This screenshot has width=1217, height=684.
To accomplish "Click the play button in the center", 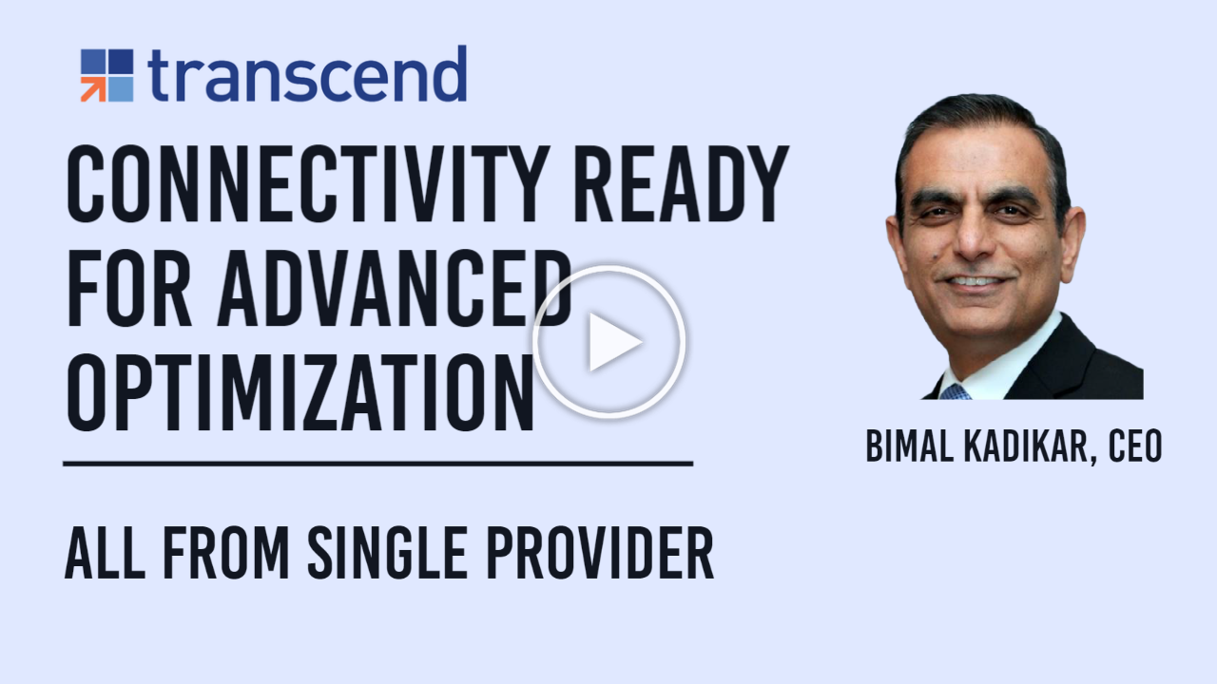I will click(608, 341).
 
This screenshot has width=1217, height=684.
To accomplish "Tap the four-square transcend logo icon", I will click(106, 75).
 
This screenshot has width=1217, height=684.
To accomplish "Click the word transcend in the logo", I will click(307, 75).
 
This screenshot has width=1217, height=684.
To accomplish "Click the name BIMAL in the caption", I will click(903, 446).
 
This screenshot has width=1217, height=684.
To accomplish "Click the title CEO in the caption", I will click(1135, 446).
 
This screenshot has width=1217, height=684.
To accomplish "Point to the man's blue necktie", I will click(955, 391).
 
